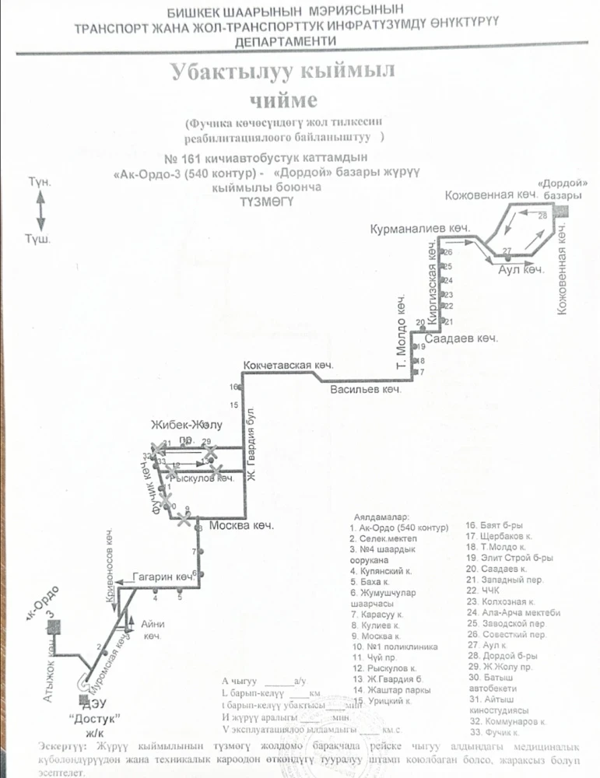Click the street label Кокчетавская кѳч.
click(288, 365)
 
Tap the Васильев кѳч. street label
click(366, 389)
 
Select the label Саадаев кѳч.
click(465, 339)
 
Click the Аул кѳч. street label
click(520, 269)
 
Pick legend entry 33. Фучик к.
click(493, 732)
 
